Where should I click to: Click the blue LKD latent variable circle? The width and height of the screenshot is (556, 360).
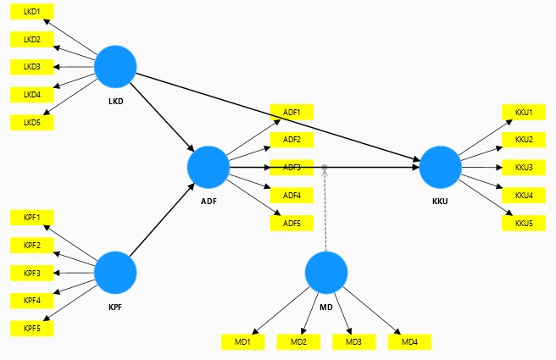(x=115, y=67)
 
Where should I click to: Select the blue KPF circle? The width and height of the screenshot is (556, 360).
(x=115, y=273)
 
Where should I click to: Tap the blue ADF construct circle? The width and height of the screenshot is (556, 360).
(x=208, y=167)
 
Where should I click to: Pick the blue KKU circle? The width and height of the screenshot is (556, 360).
(x=441, y=167)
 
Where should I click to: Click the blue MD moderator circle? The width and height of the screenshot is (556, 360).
(x=326, y=273)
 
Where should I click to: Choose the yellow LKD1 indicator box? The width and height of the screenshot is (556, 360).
(x=32, y=12)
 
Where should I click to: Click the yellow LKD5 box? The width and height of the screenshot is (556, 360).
(x=32, y=123)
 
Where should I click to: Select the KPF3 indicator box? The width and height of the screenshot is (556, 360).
(x=32, y=274)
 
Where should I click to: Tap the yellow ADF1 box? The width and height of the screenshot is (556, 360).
(x=292, y=113)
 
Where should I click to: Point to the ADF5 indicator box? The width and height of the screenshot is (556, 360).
(x=292, y=224)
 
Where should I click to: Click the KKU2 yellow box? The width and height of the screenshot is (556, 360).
(x=524, y=140)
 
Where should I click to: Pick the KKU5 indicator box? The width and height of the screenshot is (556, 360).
(x=524, y=224)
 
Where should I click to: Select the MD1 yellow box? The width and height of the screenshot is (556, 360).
(x=243, y=342)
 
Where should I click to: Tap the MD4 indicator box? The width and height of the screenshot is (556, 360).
(x=409, y=342)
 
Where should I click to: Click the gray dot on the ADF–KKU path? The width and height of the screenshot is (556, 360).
(x=325, y=167)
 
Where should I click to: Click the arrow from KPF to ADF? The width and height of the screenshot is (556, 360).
(x=162, y=219)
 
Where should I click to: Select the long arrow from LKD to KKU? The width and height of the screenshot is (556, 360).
(x=278, y=117)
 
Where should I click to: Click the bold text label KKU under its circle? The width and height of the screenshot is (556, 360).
(x=440, y=202)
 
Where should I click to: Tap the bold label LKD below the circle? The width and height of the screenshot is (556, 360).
(x=116, y=102)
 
